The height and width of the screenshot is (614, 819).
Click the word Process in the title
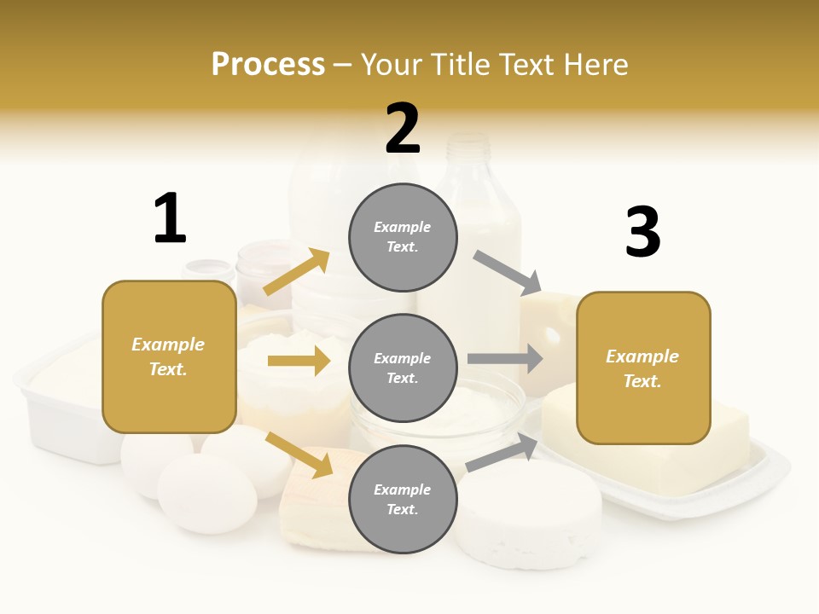coord(268,65)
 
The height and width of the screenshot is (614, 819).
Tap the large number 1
coord(170,218)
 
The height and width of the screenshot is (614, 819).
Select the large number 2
coord(403,129)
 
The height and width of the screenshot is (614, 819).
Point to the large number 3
coord(642,232)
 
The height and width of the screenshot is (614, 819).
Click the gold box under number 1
coord(169,356)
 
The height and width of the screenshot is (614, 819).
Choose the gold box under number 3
coord(643,368)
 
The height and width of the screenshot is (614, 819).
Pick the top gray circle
coord(403,237)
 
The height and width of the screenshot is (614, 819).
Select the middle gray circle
coord(403,368)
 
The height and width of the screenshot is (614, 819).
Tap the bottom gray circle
coord(403,499)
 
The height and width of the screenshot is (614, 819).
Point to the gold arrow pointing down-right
coord(299,454)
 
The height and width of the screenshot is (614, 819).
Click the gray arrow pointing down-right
coord(508,272)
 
